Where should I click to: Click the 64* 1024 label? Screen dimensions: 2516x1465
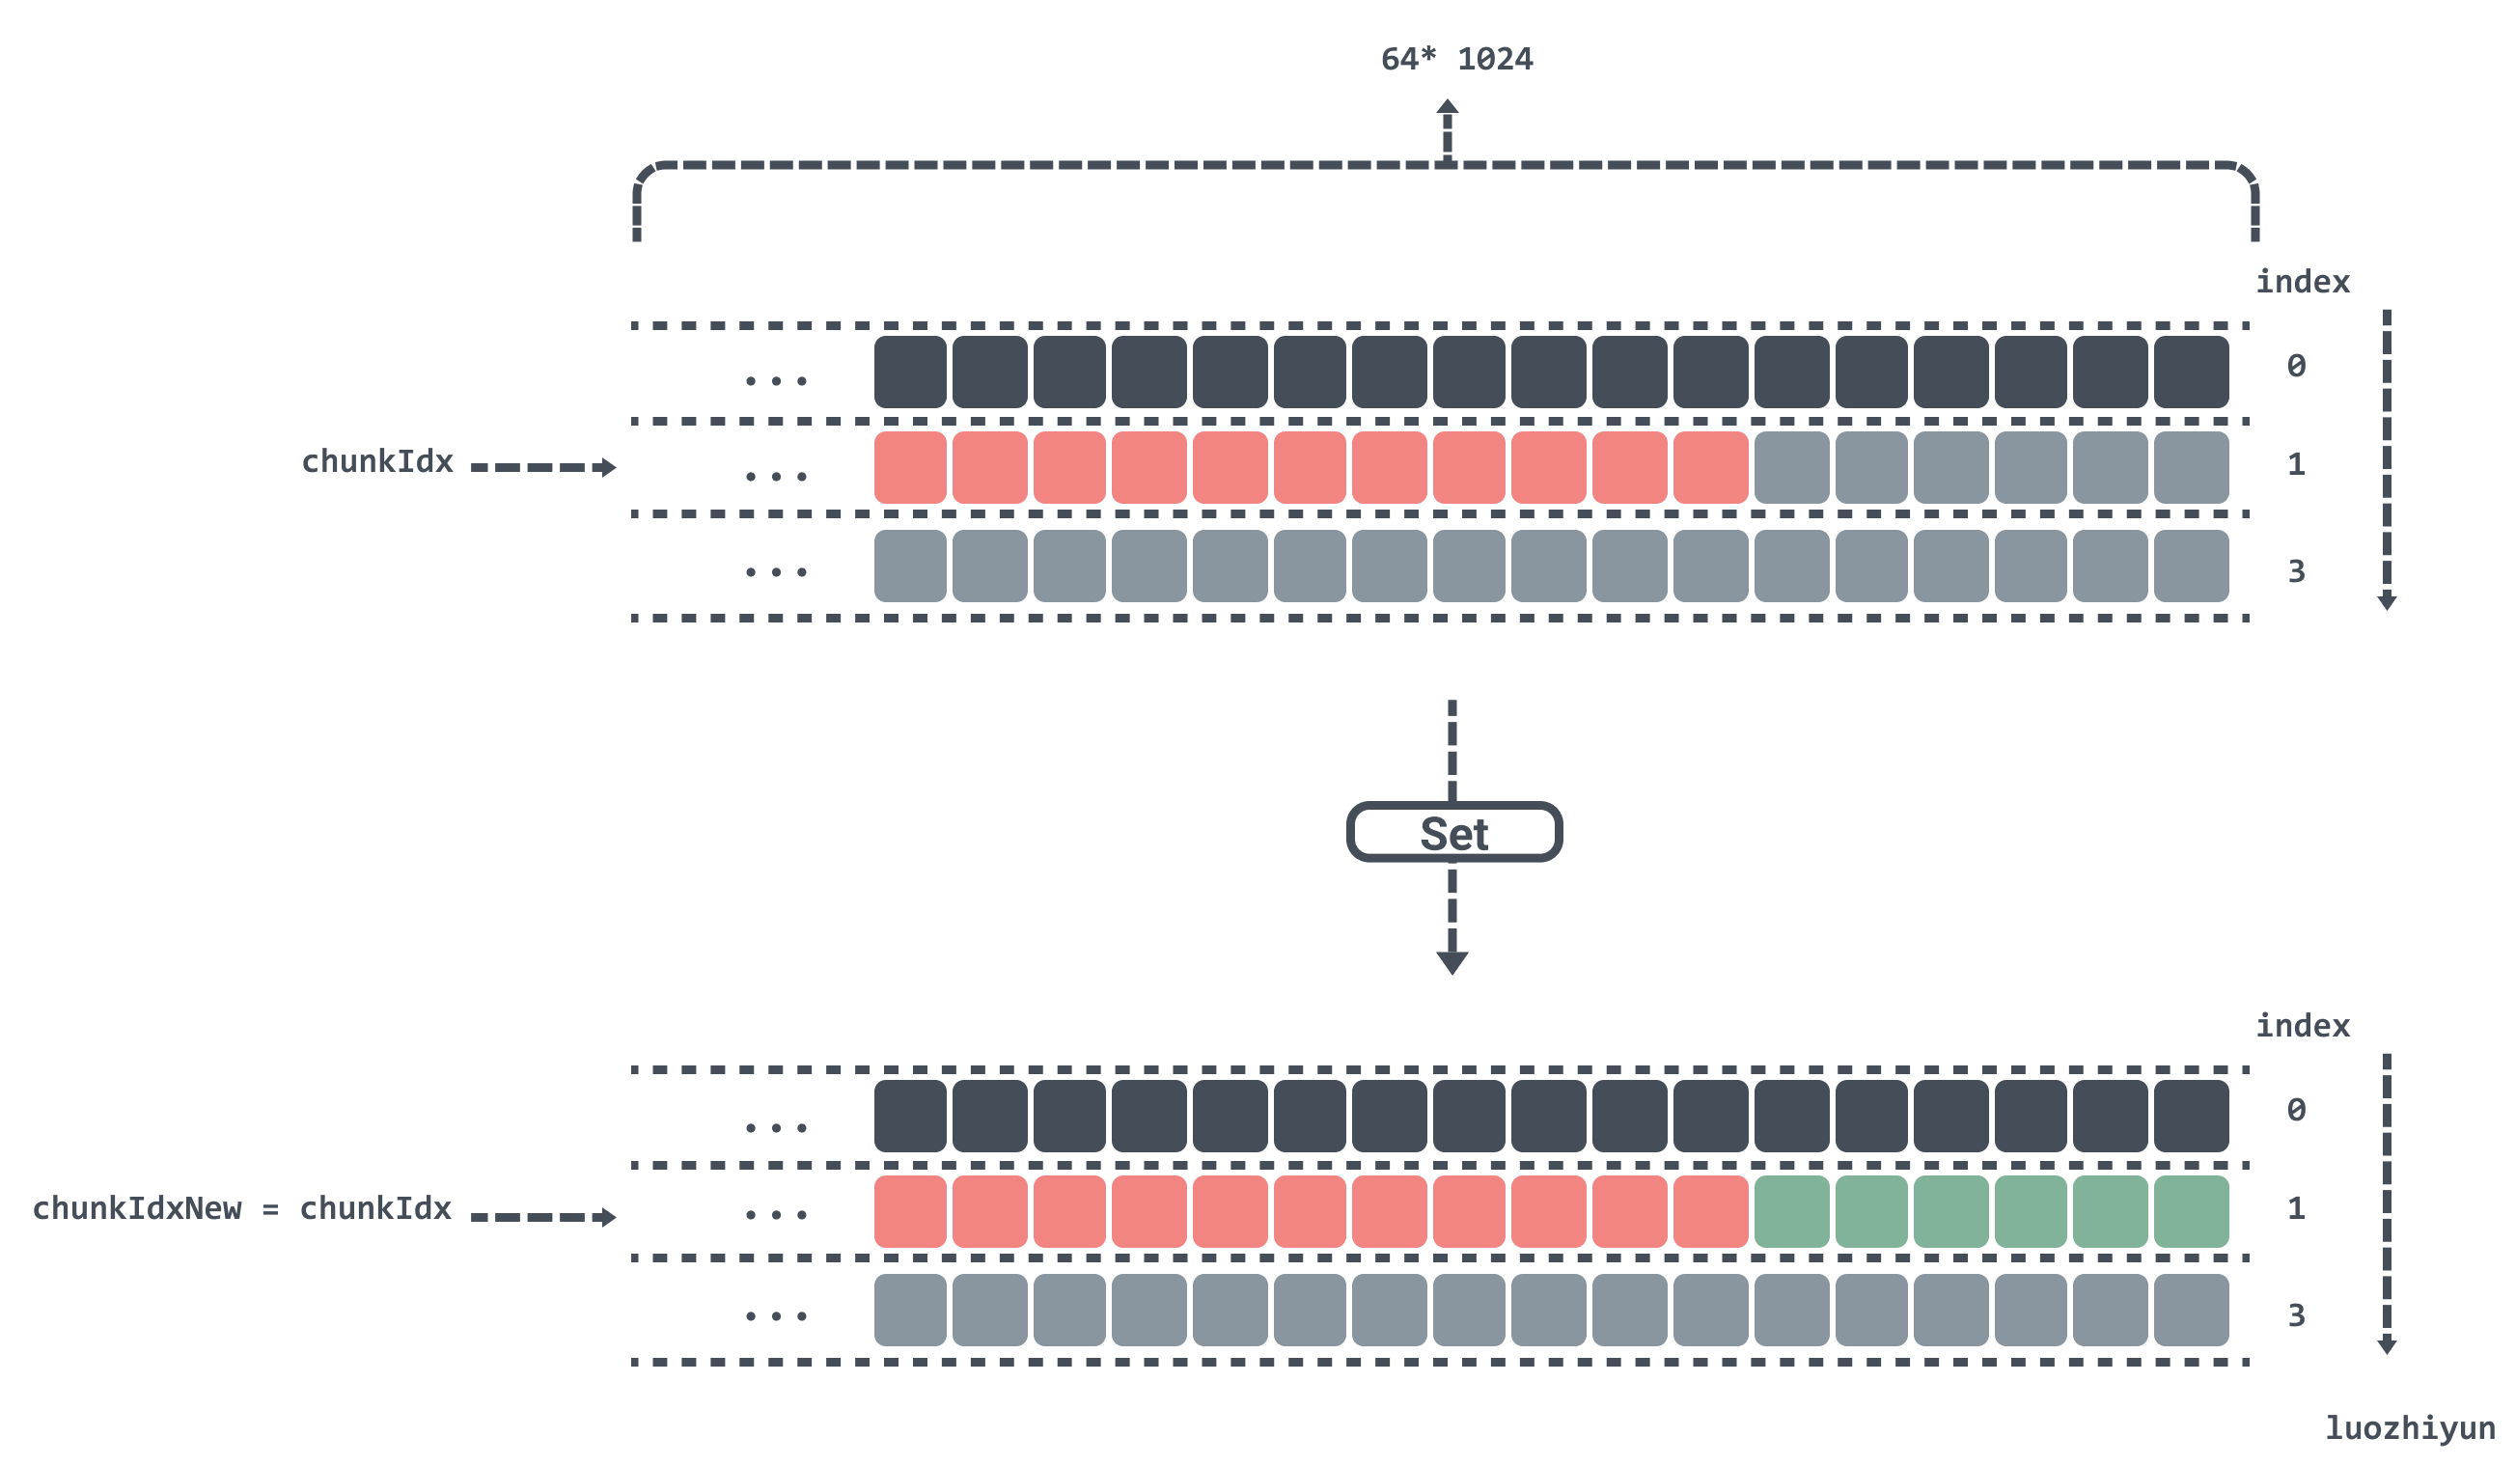[1456, 59]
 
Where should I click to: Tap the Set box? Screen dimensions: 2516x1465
[1453, 832]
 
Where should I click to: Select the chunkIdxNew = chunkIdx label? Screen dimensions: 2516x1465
[241, 1208]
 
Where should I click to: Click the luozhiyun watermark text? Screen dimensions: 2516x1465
[2409, 1428]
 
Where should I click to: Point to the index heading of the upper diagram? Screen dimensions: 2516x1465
[2303, 282]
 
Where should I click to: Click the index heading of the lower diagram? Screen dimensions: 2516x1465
[2303, 1026]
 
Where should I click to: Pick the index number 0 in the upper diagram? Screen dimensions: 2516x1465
[2296, 366]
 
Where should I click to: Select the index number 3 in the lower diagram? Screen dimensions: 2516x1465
[2296, 1315]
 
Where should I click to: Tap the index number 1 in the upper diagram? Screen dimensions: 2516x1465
[2296, 464]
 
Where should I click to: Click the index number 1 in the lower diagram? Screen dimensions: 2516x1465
[2296, 1208]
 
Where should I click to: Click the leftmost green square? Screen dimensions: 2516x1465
[1791, 1211]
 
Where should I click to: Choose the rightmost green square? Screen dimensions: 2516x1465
[2191, 1211]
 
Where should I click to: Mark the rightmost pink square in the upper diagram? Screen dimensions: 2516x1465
[1710, 467]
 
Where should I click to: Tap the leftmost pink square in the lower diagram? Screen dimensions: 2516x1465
[909, 1211]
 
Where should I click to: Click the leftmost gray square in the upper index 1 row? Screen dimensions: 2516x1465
[1791, 467]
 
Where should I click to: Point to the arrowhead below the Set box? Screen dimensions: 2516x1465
[1452, 963]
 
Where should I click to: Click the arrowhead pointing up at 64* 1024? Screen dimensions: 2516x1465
[1448, 106]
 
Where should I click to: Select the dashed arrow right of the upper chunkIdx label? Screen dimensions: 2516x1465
[543, 467]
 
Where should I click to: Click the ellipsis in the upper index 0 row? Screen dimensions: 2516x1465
[776, 380]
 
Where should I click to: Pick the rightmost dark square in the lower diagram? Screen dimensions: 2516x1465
[2191, 1116]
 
